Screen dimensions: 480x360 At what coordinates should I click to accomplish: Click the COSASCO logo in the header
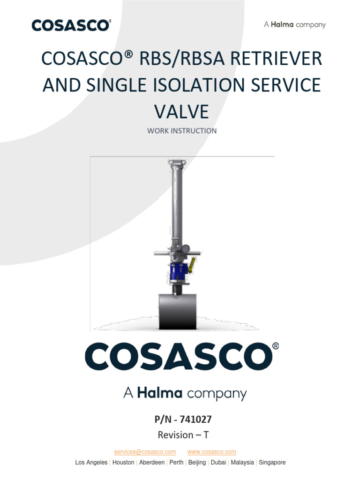(x=71, y=25)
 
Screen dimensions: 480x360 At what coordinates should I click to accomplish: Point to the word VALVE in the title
(x=181, y=112)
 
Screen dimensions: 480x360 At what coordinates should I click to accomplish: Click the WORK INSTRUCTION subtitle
(x=182, y=131)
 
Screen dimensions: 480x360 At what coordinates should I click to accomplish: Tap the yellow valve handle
(x=191, y=266)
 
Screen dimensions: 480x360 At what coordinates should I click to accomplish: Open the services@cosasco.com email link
(x=145, y=452)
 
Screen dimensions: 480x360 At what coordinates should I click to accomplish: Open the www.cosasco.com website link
(x=211, y=452)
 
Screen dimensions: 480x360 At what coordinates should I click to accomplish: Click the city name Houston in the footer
(x=123, y=462)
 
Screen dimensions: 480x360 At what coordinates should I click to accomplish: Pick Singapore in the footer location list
(x=272, y=462)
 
